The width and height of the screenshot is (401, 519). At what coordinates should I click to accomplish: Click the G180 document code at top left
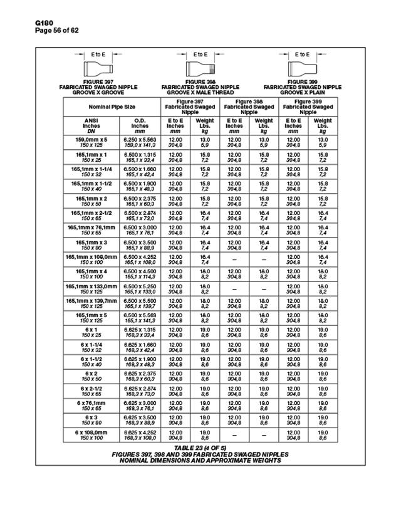(x=27, y=23)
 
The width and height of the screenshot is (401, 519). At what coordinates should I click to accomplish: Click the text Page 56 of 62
(x=39, y=29)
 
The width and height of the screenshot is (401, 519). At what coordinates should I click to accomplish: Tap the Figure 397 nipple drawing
(x=98, y=68)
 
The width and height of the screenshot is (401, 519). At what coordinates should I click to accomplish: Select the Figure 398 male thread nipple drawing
(x=200, y=68)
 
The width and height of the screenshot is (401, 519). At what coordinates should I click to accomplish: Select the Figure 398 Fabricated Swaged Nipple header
(x=249, y=107)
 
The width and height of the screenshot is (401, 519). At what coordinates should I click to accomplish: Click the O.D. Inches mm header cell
(x=140, y=125)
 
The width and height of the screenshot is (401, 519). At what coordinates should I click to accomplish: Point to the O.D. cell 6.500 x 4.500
(x=140, y=273)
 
